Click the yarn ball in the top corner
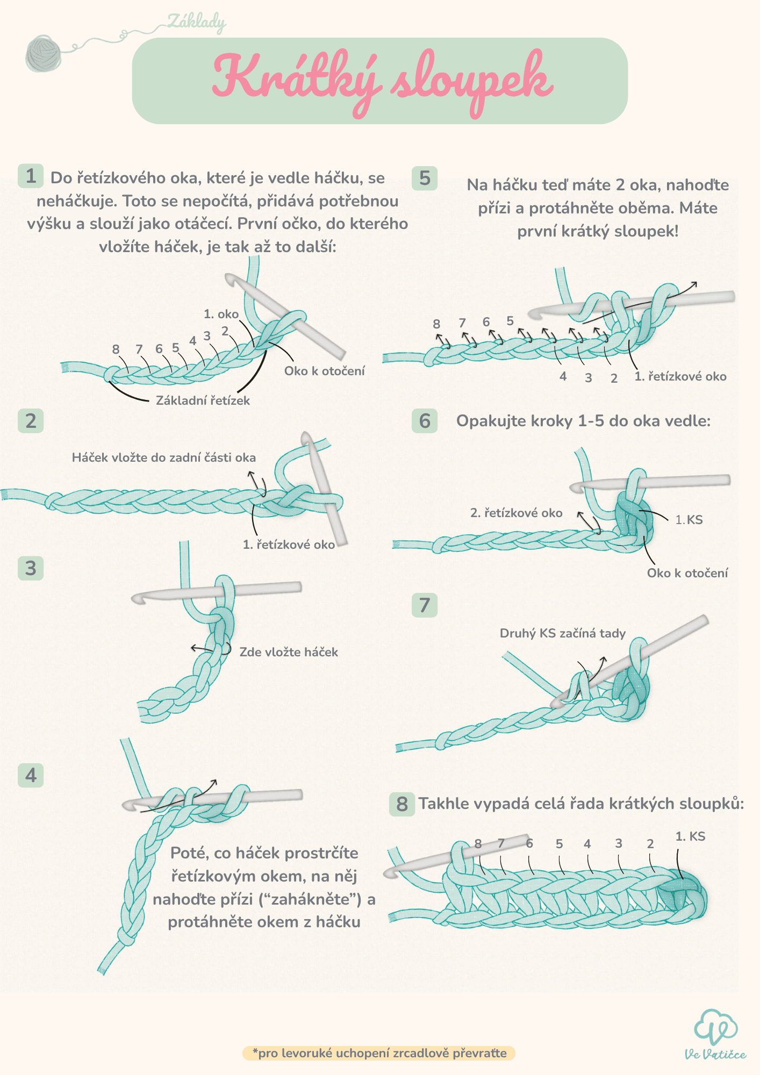(44, 53)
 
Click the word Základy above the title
(196, 22)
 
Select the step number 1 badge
(31, 176)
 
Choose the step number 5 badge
(425, 178)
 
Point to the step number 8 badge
(401, 804)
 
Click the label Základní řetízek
(203, 400)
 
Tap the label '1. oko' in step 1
(221, 314)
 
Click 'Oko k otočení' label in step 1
(324, 371)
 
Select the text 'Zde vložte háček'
(289, 652)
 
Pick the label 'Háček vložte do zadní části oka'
(164, 457)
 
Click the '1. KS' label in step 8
(690, 836)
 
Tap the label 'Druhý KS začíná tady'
(563, 633)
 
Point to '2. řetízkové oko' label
(516, 513)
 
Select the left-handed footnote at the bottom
(379, 1053)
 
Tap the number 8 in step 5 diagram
(436, 324)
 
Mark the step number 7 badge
(425, 605)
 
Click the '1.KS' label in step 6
(689, 520)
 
